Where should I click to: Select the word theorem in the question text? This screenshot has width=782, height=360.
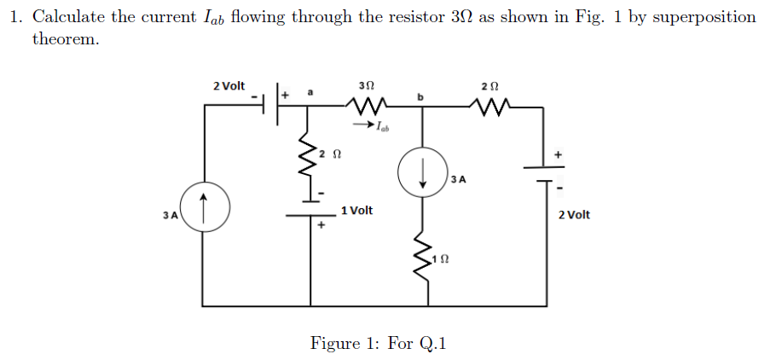[66, 39]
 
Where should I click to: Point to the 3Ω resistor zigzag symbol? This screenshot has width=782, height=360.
[366, 107]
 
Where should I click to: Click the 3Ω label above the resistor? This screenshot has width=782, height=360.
[367, 85]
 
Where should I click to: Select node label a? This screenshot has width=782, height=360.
[310, 90]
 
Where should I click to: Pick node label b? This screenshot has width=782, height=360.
[420, 97]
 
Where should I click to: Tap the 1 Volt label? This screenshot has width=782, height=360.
[356, 210]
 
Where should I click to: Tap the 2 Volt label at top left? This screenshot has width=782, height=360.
[229, 85]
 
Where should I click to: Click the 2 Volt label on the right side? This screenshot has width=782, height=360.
[574, 214]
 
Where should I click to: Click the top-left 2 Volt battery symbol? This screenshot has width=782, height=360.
[274, 99]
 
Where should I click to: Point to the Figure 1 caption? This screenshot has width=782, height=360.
[378, 343]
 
